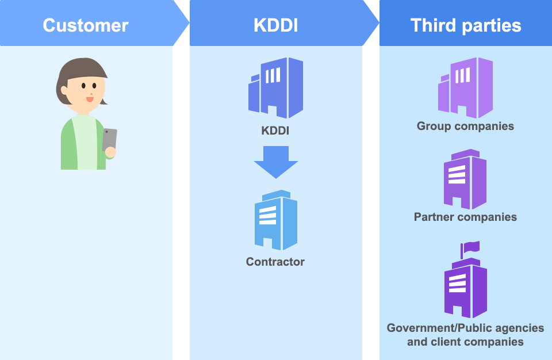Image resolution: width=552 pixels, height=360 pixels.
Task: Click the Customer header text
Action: click(86, 25)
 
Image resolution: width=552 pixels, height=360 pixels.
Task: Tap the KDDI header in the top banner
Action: click(275, 25)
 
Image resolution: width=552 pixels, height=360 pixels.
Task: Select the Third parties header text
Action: click(466, 25)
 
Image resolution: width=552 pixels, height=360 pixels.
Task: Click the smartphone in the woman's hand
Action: click(109, 140)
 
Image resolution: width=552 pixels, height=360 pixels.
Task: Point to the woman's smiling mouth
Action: click(90, 99)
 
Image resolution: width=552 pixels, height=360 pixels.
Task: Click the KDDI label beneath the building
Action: click(275, 131)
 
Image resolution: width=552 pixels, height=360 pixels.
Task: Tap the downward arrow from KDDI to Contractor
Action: click(276, 162)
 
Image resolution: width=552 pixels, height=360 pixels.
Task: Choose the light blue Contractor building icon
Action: click(276, 220)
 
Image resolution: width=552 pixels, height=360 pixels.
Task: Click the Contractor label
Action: click(275, 262)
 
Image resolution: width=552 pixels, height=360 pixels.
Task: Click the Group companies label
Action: click(465, 126)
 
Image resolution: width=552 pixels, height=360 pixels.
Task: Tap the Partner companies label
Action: click(465, 217)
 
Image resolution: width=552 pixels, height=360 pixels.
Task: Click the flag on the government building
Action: click(470, 248)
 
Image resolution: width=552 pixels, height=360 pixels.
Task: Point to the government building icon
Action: click(465, 288)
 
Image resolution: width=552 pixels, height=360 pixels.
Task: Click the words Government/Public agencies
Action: click(465, 328)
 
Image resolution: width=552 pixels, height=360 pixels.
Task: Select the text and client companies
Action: click(465, 342)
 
